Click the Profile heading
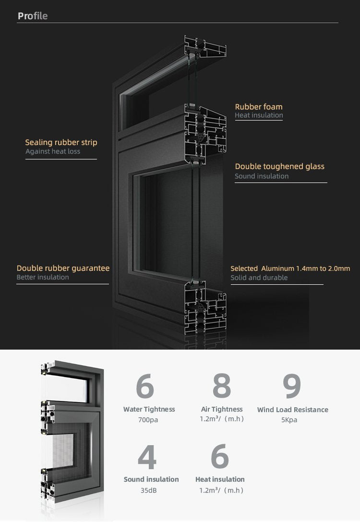[x=33, y=16]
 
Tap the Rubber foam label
[x=259, y=107]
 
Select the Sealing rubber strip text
[x=61, y=143]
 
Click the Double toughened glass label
[x=279, y=167]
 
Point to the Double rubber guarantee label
[x=63, y=268]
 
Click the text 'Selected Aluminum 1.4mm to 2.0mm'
[x=290, y=268]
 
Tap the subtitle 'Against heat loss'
[x=53, y=151]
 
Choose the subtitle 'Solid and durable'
[x=259, y=278]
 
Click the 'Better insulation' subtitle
[x=43, y=277]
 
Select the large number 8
[x=222, y=385]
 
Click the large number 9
[x=292, y=386]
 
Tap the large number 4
[x=147, y=457]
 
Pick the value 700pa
[x=148, y=420]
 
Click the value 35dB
[x=148, y=490]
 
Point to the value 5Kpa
[x=289, y=420]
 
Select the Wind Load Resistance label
[x=292, y=410]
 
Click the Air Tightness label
[x=222, y=410]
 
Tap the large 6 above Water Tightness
[x=145, y=386]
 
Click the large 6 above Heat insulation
[x=220, y=456]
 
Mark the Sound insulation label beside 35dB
[x=151, y=479]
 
